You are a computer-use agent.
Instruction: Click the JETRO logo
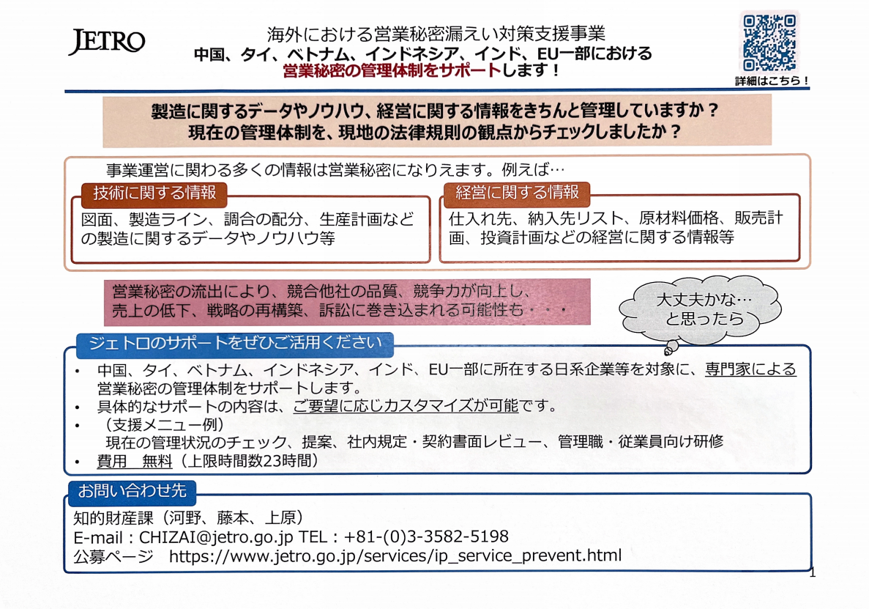(106, 42)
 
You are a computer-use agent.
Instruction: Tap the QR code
(769, 43)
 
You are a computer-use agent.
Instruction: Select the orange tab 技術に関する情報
(154, 193)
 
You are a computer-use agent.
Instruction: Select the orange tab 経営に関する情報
(517, 193)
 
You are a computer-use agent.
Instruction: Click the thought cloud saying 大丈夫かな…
(701, 309)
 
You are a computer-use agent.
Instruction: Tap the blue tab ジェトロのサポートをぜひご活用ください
(235, 343)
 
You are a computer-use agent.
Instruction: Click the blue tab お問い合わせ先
(132, 492)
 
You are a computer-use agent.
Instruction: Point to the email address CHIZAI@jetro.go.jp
(215, 537)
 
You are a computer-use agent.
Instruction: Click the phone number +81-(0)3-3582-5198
(425, 536)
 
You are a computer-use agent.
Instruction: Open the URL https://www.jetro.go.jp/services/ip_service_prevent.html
(395, 556)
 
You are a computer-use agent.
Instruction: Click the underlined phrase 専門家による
(750, 369)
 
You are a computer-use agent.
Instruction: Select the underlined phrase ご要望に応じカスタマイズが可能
(406, 406)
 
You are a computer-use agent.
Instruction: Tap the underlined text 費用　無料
(135, 461)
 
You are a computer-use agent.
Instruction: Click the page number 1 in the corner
(813, 573)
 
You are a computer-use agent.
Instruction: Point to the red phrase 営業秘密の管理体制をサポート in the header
(392, 71)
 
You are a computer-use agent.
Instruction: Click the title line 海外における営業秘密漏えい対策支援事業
(436, 34)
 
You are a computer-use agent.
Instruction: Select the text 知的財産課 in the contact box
(113, 518)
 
